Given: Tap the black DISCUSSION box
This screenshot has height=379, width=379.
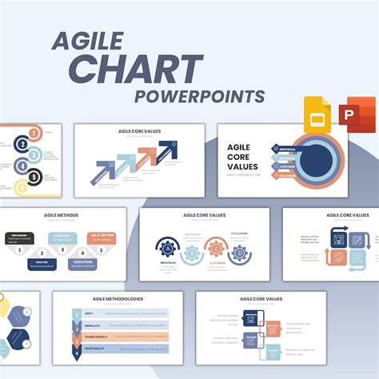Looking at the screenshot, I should click(19, 237).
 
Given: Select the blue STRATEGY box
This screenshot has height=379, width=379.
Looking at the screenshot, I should click(63, 237).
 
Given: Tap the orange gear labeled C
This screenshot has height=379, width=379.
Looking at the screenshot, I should click(213, 249).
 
